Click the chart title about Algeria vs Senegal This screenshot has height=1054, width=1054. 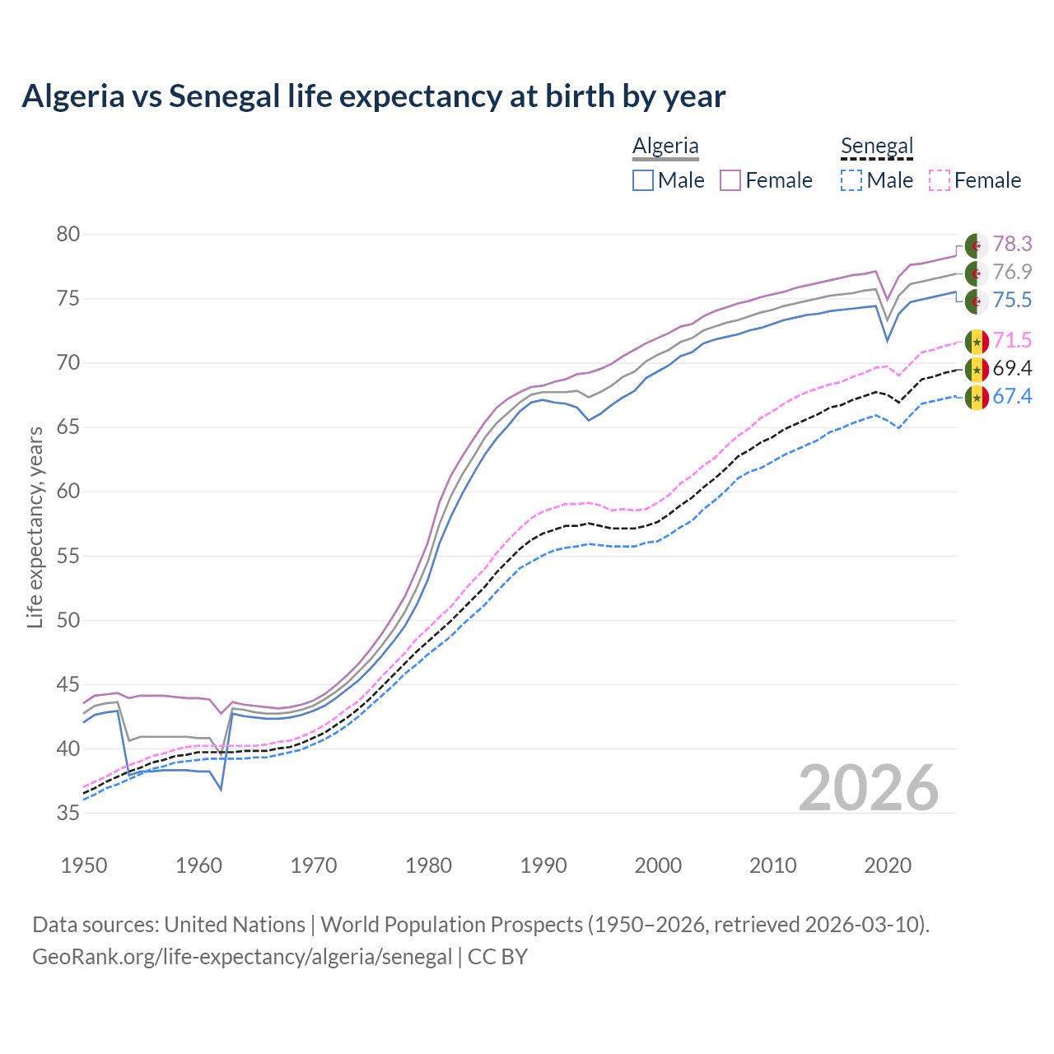pos(373,96)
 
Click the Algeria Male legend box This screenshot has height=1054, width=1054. pos(643,180)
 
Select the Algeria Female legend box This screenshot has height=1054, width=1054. pos(731,180)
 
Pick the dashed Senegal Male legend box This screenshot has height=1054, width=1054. pos(851,180)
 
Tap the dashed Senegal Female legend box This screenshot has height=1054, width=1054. pos(940,180)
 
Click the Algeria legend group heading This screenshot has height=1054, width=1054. pos(665,146)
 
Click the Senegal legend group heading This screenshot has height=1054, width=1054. pos(877,146)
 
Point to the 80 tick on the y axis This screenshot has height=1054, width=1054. pos(68,235)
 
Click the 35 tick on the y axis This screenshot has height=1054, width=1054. pos(68,814)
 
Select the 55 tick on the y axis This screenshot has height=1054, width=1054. pos(68,556)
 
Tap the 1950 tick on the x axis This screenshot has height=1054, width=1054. pos(84,865)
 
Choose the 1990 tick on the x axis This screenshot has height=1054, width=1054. pos(543,865)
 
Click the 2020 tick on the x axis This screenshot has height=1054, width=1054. pos(888,865)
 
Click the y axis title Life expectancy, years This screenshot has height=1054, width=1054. pos(35,527)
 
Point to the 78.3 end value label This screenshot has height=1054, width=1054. pos(1012,245)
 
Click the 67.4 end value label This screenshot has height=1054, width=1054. pos(1012,397)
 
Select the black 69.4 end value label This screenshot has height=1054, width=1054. pos(1012,368)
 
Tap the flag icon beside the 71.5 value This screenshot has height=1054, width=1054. pos(977,341)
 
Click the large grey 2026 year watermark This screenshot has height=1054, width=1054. pos(869,788)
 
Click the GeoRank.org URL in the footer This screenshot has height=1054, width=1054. pos(242,957)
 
